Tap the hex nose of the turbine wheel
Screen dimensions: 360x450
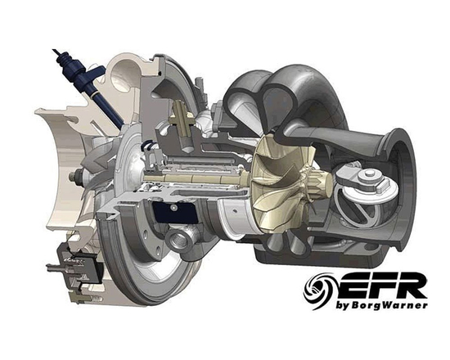316,176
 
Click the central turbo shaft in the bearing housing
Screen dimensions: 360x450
205,176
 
